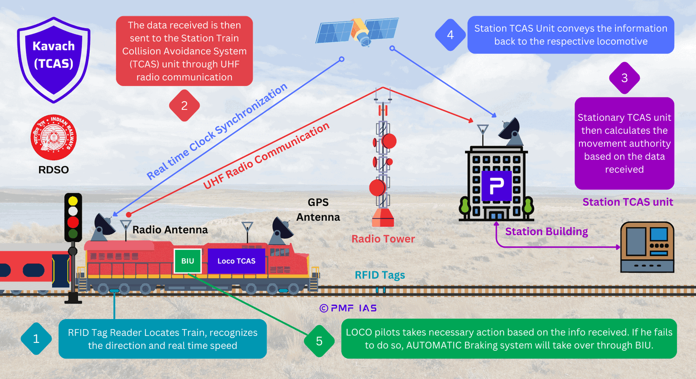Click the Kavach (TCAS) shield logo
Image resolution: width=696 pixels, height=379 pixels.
tap(54, 60)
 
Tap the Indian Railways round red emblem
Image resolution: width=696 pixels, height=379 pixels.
tap(54, 137)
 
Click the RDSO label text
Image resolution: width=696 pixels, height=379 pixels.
tap(54, 170)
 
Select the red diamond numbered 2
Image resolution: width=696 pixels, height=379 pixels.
tap(184, 106)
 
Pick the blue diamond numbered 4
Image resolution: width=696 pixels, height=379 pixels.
tap(450, 35)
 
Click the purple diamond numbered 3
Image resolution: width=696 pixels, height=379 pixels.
tap(625, 78)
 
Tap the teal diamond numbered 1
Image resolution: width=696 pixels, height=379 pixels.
tap(36, 339)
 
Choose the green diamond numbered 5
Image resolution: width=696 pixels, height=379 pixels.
tap(319, 341)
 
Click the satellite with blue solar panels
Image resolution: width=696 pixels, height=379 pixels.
tap(358, 31)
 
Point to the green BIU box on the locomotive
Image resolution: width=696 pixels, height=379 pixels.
tap(187, 261)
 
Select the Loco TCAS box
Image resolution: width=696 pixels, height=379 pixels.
tap(237, 261)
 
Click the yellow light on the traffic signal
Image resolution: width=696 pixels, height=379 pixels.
tap(73, 201)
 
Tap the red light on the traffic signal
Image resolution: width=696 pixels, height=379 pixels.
tap(73, 222)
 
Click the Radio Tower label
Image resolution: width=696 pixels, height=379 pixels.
tap(383, 239)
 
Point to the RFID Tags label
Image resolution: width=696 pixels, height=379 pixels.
tap(380, 275)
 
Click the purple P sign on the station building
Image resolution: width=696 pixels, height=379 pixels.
tap(496, 186)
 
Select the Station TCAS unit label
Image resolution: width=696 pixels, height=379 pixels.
tap(628, 202)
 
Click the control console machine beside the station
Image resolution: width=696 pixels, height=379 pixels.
tap(647, 247)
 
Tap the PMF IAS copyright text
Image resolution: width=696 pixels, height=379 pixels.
tap(348, 308)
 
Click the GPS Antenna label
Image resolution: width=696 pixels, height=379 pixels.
tap(318, 209)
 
